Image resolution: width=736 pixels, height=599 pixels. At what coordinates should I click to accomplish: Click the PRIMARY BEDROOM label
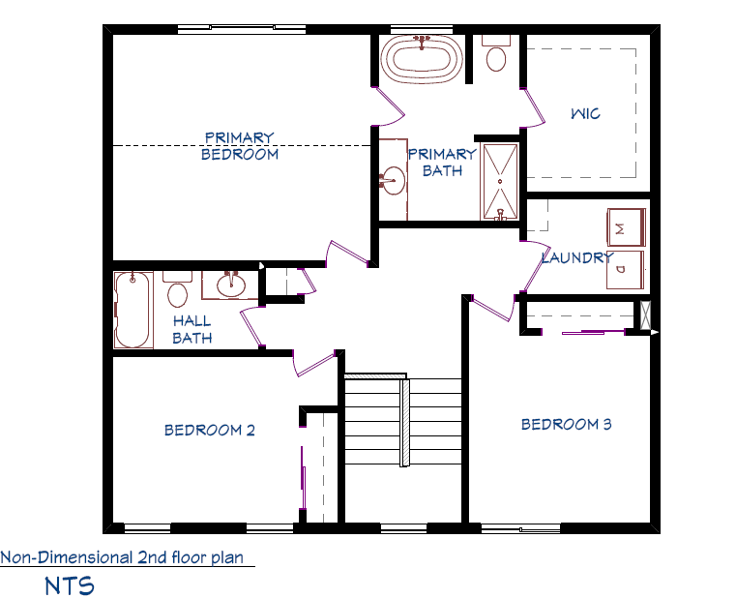[240, 146]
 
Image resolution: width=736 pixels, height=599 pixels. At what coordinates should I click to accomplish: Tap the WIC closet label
[585, 113]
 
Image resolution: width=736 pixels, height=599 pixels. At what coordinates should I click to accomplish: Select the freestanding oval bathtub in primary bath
[422, 59]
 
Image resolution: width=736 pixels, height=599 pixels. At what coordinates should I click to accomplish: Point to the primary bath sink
[393, 180]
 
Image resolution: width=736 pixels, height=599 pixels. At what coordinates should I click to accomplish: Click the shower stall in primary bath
[499, 181]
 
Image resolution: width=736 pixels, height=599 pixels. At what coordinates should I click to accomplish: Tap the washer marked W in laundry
[626, 227]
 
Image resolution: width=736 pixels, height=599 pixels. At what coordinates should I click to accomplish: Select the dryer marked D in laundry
[625, 270]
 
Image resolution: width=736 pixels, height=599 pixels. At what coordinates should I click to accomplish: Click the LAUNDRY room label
[577, 257]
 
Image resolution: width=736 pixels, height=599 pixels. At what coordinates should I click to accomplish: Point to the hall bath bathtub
[132, 310]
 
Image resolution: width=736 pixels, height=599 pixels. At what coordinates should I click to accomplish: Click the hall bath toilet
[177, 289]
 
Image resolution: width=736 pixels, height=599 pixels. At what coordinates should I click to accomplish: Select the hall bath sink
[230, 285]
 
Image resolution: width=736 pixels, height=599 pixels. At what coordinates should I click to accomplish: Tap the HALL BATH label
[192, 329]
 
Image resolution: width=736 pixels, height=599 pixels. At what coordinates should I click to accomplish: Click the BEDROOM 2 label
[209, 430]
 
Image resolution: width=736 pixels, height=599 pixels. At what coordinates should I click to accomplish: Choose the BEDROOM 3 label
[567, 424]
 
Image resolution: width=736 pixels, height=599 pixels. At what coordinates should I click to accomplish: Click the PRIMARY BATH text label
[442, 162]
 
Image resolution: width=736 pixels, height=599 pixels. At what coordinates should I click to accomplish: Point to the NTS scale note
[70, 585]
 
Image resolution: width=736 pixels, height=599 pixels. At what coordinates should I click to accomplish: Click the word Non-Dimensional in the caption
[67, 557]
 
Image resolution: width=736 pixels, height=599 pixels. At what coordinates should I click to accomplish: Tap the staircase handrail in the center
[404, 422]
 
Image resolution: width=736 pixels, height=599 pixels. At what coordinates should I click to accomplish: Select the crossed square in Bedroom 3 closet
[646, 314]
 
